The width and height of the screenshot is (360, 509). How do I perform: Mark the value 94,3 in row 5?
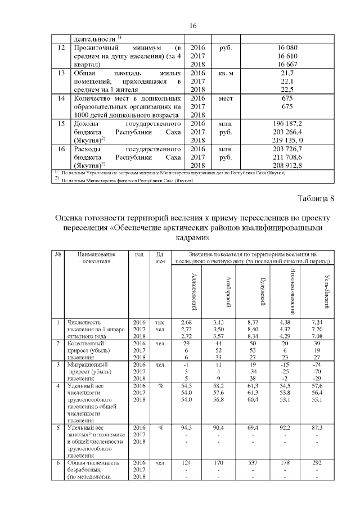click(x=187, y=428)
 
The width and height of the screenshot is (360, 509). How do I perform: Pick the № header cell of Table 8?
click(x=58, y=254)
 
